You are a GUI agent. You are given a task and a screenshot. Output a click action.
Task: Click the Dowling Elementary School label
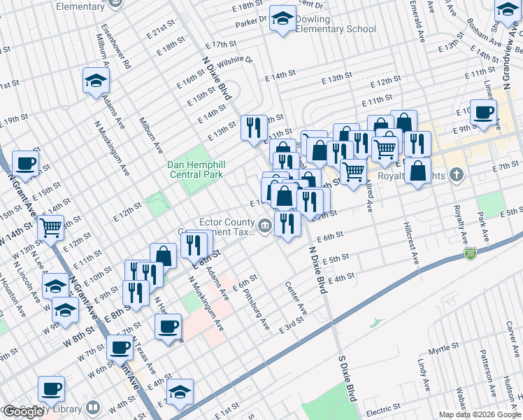pos(335,24)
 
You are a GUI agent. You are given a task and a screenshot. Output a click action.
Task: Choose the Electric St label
pos(382,409)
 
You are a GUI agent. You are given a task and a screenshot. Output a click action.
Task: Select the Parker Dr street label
pos(251,21)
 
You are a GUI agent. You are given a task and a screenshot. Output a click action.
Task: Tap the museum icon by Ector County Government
pos(266,225)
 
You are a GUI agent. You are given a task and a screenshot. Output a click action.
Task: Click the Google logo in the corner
pos(24,411)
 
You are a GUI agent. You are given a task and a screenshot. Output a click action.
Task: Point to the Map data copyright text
pos(480,414)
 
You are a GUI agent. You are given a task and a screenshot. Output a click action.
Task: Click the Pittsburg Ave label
pos(255,310)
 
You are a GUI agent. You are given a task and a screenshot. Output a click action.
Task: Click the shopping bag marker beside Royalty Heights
pos(417,172)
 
